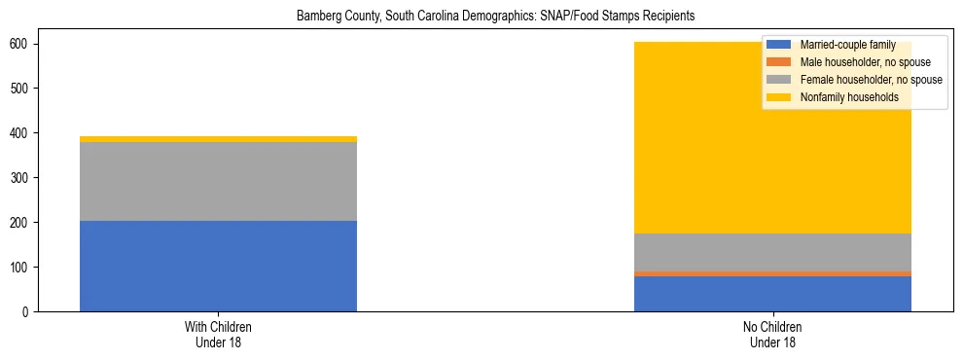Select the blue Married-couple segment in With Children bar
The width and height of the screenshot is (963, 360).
[x=218, y=266]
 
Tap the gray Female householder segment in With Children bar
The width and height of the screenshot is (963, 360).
[x=218, y=181]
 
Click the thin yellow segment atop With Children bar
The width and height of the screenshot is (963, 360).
[x=218, y=139]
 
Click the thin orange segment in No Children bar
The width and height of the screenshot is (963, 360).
[x=772, y=273]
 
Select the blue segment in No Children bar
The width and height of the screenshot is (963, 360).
[x=772, y=294]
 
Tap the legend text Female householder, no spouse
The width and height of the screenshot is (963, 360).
[x=871, y=80]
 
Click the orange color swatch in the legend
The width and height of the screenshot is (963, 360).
[x=778, y=62]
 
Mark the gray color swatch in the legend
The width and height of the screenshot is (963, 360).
[x=778, y=80]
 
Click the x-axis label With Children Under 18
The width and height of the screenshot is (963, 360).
[x=218, y=335]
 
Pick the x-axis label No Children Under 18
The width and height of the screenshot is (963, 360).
[x=772, y=335]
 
